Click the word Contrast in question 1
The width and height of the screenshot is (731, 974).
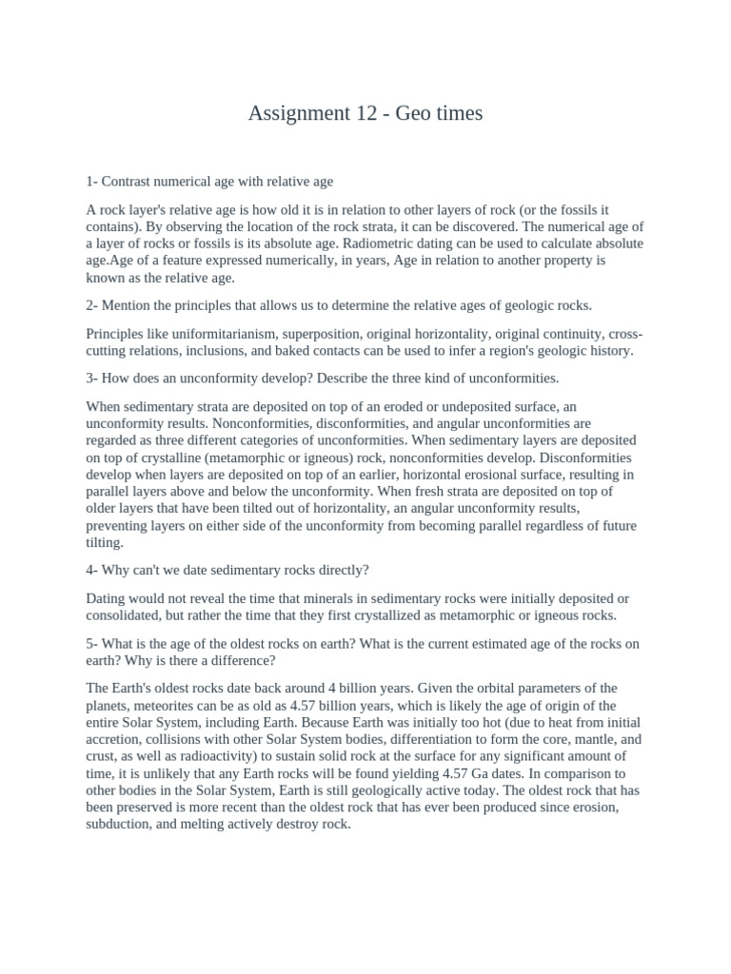pyautogui.click(x=127, y=181)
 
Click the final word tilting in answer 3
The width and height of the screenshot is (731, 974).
pyautogui.click(x=105, y=542)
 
